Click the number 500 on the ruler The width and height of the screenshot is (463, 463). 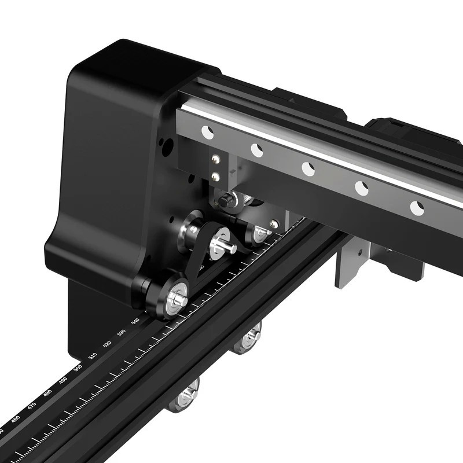[78, 368]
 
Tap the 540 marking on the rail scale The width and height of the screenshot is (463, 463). [135, 321]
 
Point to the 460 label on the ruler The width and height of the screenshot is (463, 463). [16, 418]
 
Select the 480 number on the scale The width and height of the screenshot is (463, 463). [47, 392]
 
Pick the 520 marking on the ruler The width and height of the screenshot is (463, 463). [107, 344]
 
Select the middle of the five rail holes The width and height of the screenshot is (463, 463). [308, 169]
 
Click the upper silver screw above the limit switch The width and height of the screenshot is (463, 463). [216, 160]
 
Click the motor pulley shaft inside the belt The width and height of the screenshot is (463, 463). [223, 244]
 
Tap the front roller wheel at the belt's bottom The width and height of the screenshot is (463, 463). [174, 297]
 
